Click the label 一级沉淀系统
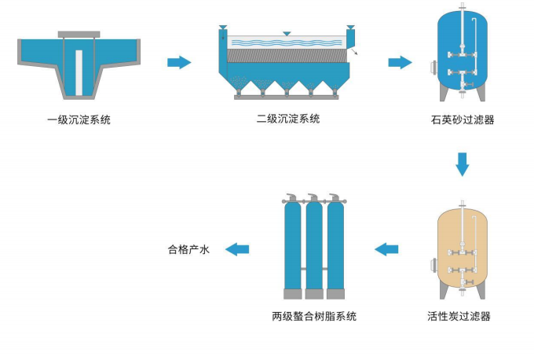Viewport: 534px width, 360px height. (x=79, y=120)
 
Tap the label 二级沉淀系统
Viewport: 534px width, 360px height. (x=288, y=119)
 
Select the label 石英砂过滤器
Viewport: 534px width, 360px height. (x=463, y=120)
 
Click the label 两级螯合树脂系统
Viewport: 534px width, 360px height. (x=314, y=317)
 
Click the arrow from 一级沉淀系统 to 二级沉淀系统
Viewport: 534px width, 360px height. (x=180, y=62)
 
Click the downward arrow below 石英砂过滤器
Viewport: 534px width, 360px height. (x=463, y=163)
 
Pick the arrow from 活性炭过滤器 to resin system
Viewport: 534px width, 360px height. (x=386, y=250)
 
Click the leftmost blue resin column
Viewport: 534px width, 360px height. (x=291, y=244)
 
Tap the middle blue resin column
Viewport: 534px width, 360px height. (x=313, y=244)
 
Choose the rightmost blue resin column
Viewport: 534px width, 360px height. (x=335, y=244)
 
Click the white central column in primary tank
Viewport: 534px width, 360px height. (x=79, y=69)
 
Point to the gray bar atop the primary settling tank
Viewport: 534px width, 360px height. (x=79, y=34)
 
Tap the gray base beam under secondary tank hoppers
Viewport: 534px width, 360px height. (x=287, y=97)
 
